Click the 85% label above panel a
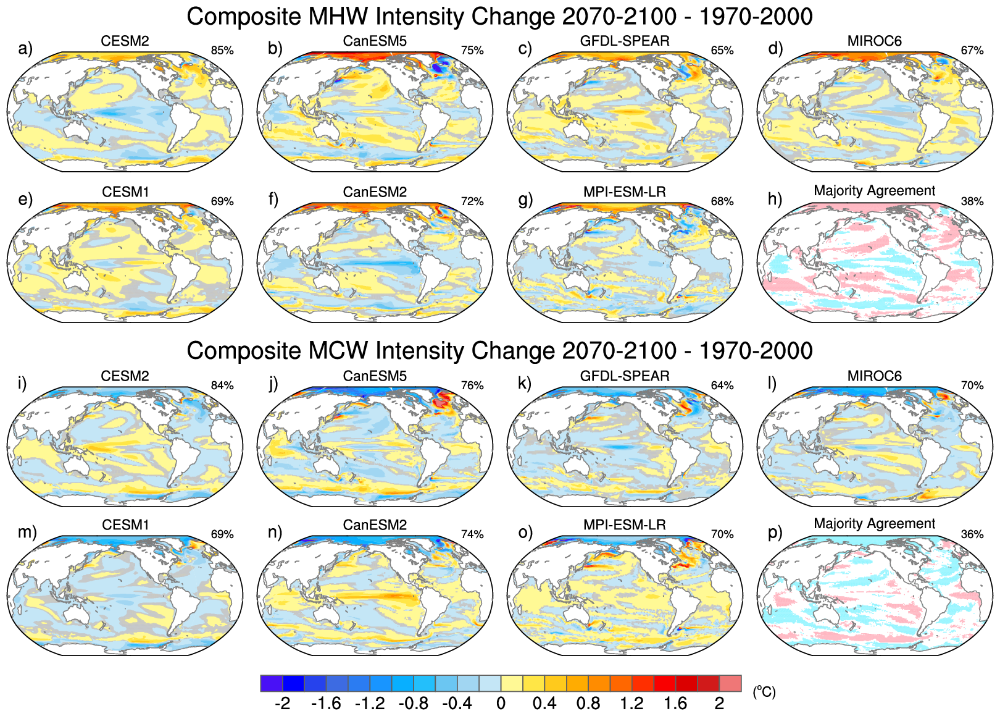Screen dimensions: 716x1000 (x=222, y=51)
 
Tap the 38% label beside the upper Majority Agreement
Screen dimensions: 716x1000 (x=972, y=201)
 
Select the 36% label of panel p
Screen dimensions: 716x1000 (x=972, y=534)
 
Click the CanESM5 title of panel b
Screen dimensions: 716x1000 (x=375, y=41)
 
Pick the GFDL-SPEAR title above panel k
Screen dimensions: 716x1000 (x=625, y=376)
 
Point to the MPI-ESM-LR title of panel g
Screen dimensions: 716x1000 (x=625, y=192)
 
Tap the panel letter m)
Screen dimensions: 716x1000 (x=27, y=532)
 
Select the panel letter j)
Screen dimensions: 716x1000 (x=273, y=383)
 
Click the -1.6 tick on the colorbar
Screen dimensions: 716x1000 (x=326, y=704)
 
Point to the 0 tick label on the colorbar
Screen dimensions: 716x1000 (x=501, y=704)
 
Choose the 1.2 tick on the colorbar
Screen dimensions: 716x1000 (x=631, y=704)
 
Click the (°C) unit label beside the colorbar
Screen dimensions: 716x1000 (x=764, y=692)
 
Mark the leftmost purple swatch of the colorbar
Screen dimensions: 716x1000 (x=272, y=683)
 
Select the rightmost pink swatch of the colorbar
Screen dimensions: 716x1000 (x=730, y=683)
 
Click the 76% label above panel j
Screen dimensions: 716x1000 (x=472, y=385)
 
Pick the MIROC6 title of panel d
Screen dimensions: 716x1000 (x=875, y=41)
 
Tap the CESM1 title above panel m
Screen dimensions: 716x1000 (x=125, y=525)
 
